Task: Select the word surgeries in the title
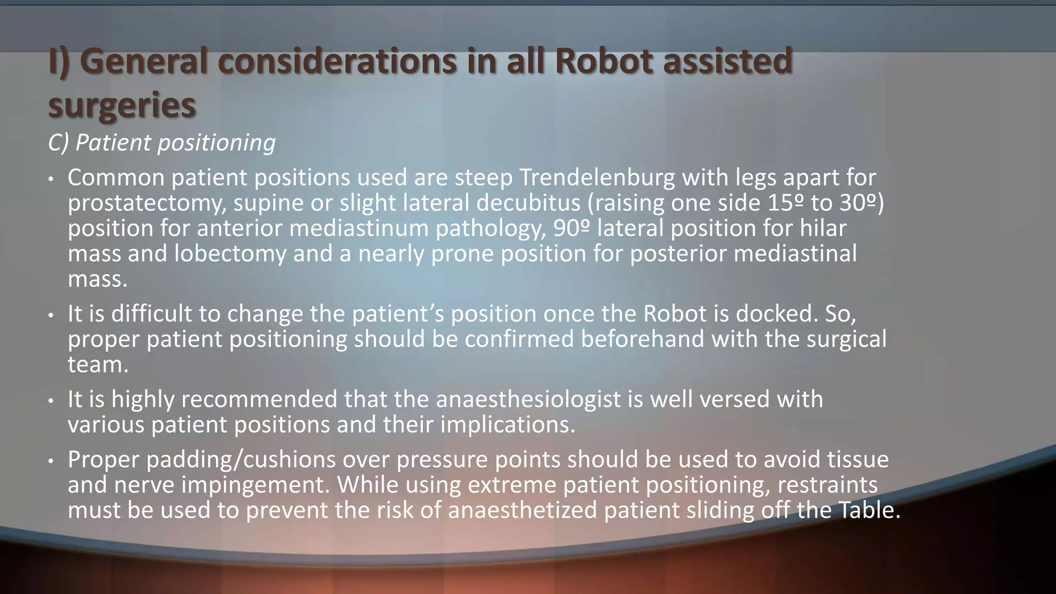click(122, 105)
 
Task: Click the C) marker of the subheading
click(58, 143)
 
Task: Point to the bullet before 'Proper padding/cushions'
click(51, 461)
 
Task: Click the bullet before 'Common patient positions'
click(51, 179)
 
